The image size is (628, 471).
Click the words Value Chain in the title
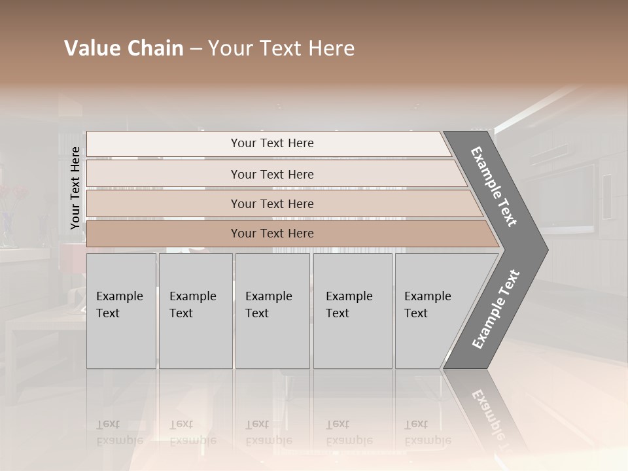(124, 48)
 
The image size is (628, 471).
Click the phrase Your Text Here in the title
(281, 48)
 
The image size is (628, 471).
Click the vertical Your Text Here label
(75, 188)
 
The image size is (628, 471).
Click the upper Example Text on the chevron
(494, 186)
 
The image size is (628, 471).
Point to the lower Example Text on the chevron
(495, 309)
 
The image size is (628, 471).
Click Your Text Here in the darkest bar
(272, 234)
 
